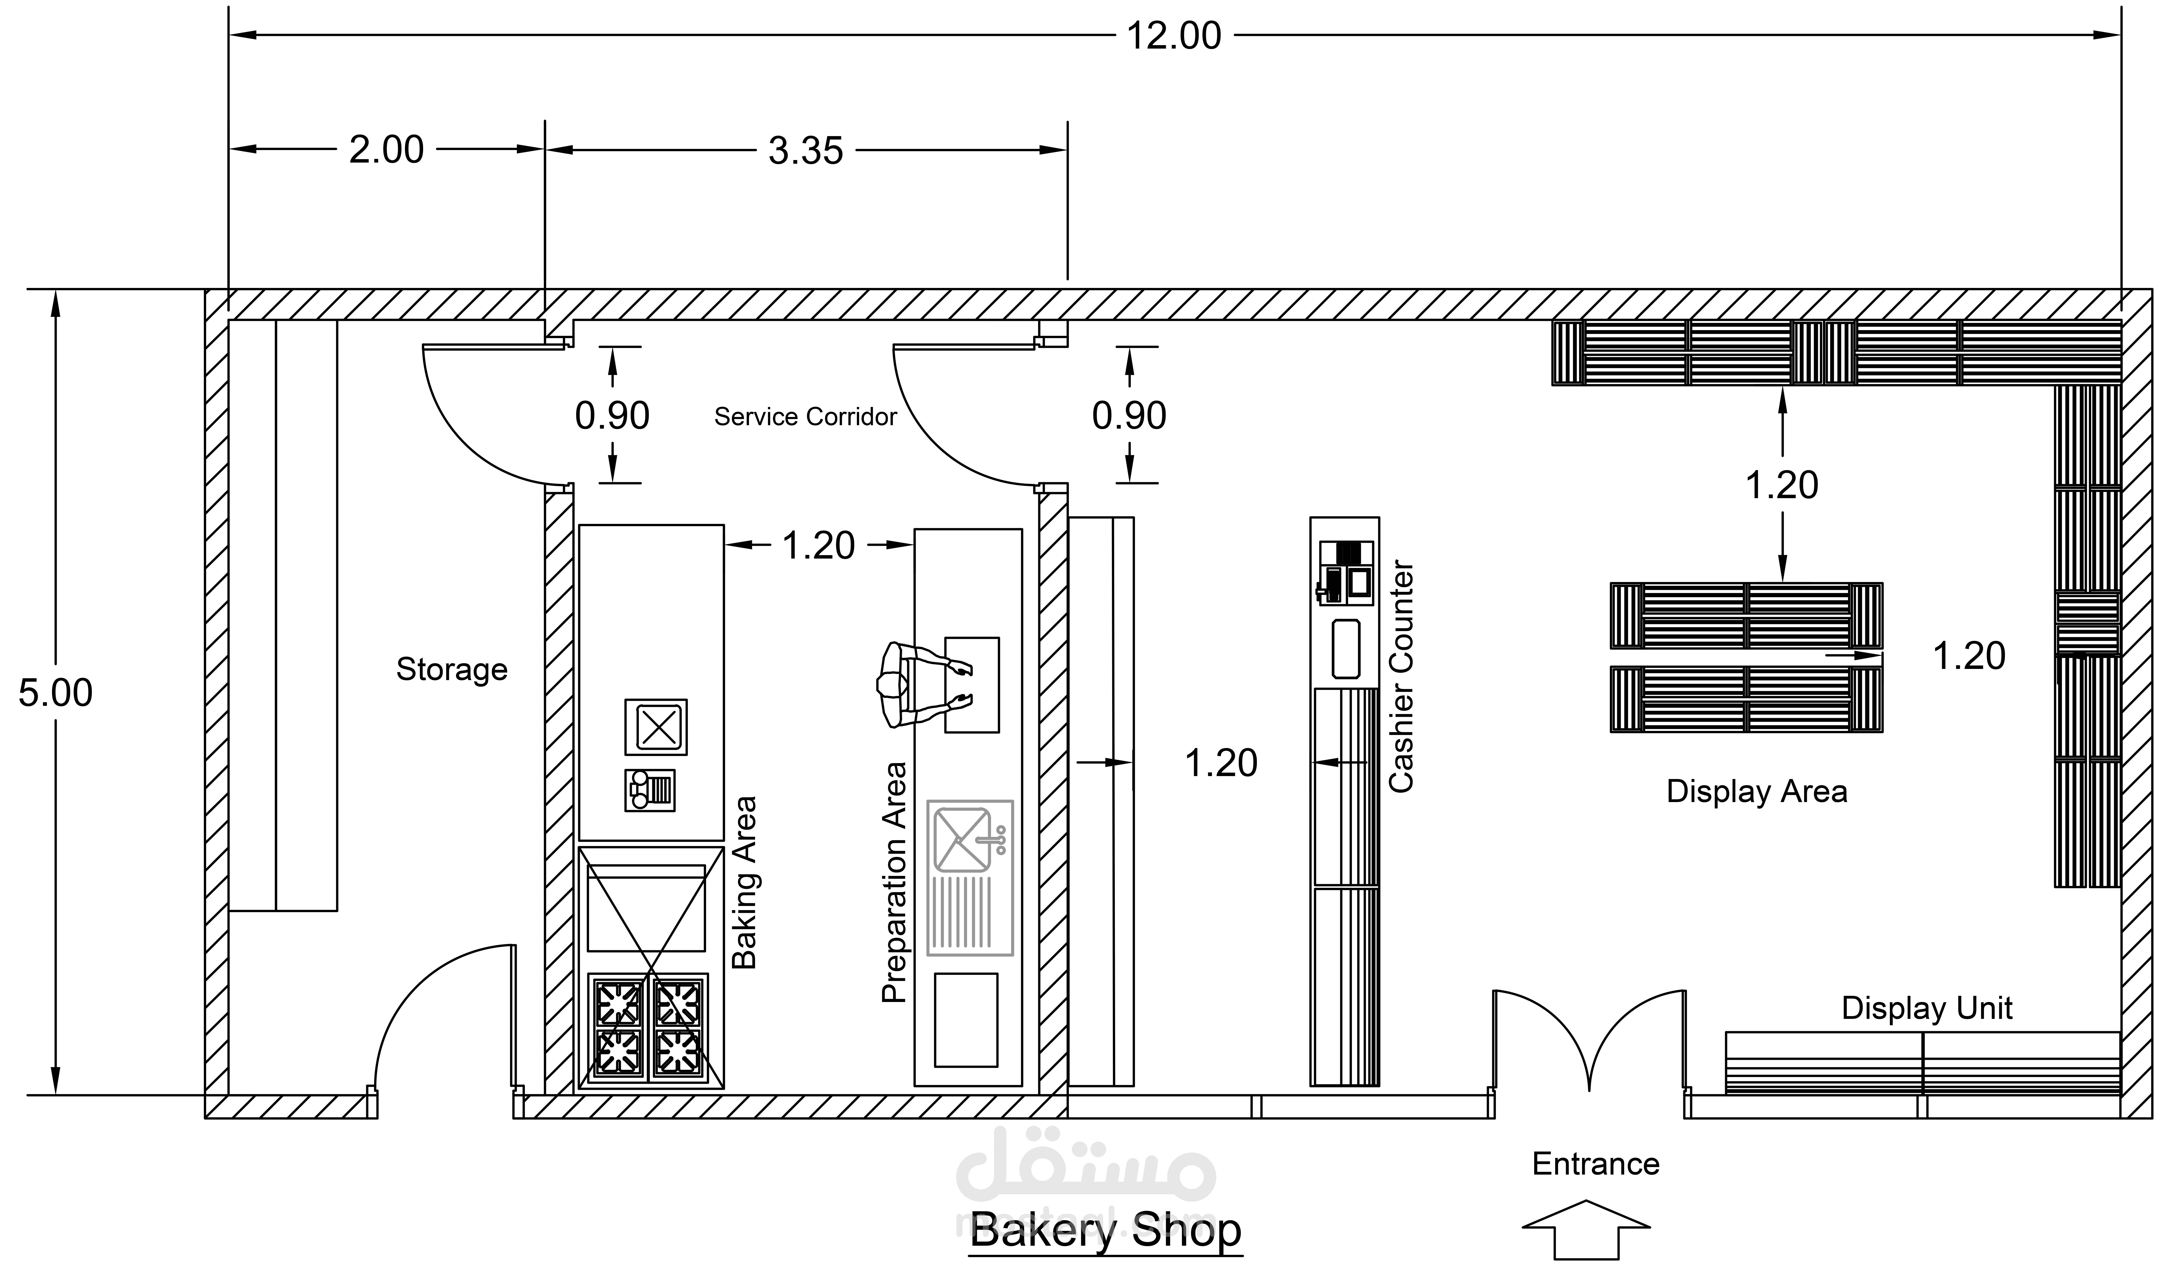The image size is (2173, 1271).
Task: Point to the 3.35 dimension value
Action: [x=805, y=151]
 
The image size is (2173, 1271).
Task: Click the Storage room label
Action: [x=452, y=669]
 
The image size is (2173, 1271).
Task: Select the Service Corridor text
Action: [x=805, y=417]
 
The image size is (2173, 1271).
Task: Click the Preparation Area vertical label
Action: [x=894, y=882]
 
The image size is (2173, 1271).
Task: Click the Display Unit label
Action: [x=1927, y=1008]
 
